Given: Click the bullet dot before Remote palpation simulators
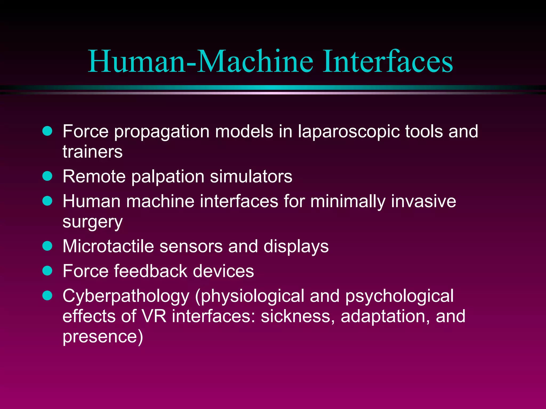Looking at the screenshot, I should point(47,176).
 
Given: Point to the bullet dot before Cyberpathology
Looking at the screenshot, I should point(47,295).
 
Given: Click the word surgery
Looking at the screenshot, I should point(93,222).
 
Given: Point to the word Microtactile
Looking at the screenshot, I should point(108,246).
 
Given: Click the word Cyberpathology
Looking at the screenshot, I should point(126,296).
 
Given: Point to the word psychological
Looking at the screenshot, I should point(399,296).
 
